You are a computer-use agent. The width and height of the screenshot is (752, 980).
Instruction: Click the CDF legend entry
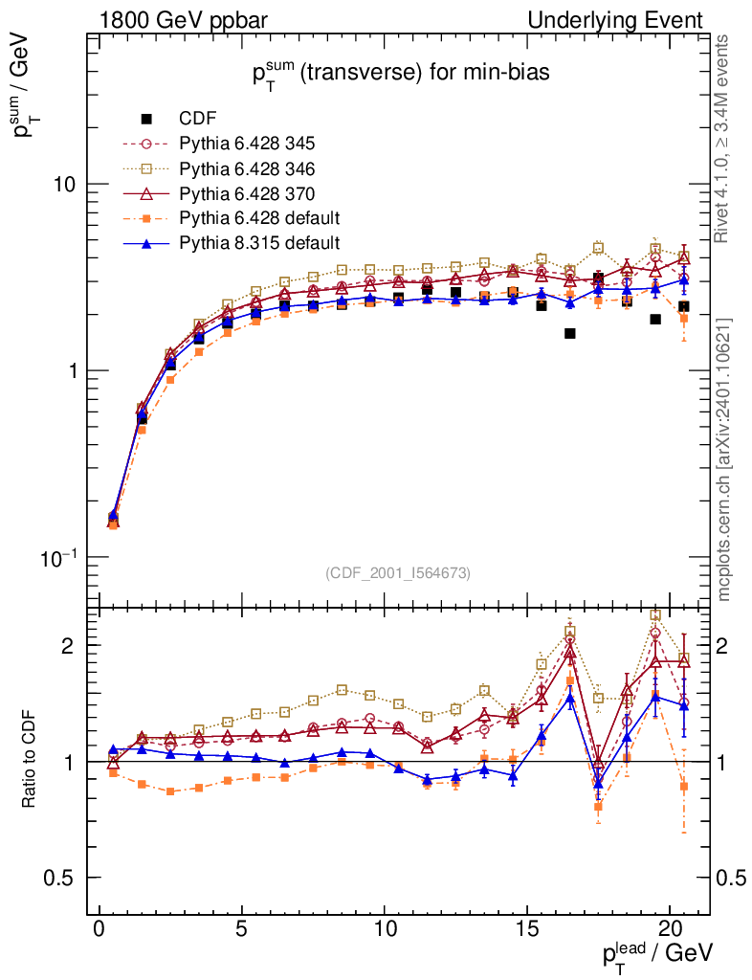click(x=197, y=119)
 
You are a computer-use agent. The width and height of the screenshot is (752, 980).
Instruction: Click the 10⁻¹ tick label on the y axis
click(x=59, y=558)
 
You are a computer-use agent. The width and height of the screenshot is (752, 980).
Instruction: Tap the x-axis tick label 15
click(x=527, y=931)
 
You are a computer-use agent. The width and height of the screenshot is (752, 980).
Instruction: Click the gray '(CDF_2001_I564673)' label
click(x=397, y=572)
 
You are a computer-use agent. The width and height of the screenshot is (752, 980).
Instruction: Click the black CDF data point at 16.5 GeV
click(x=569, y=333)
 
